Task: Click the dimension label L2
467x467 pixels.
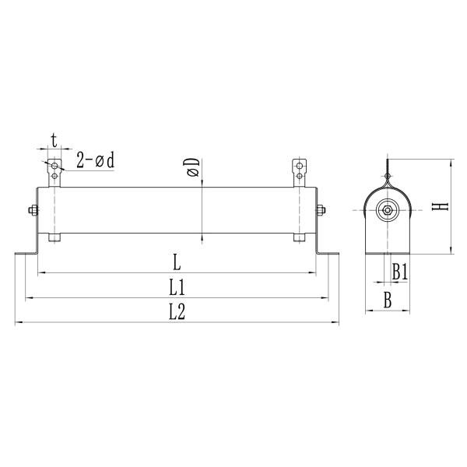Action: (177, 312)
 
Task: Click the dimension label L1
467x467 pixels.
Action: (177, 286)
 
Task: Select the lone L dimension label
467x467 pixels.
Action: (177, 261)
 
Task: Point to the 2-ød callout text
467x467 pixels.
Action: (96, 161)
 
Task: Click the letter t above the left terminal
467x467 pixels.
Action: (54, 140)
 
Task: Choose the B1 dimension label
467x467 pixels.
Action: (400, 272)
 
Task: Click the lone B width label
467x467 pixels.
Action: (387, 300)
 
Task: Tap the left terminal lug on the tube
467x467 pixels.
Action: (54, 171)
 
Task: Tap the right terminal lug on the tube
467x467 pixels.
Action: (300, 171)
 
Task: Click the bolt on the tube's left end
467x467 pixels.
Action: (32, 209)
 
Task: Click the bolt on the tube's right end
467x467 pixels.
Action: (321, 209)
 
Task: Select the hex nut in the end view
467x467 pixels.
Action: (386, 210)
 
